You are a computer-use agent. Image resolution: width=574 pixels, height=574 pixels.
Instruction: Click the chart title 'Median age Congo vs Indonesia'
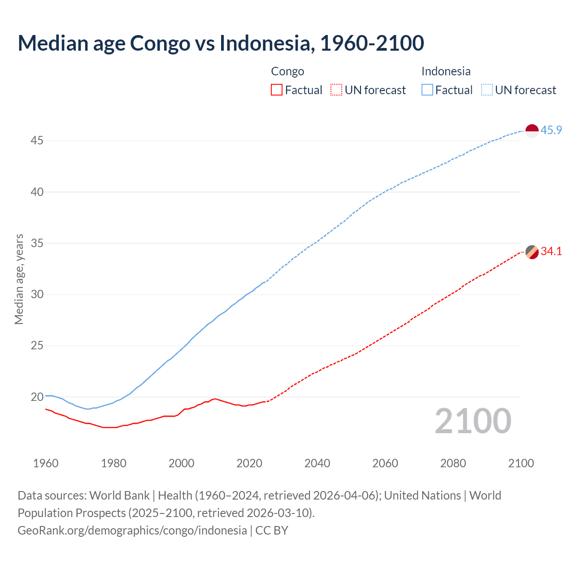221,43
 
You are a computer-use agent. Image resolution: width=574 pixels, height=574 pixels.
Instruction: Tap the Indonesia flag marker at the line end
531,131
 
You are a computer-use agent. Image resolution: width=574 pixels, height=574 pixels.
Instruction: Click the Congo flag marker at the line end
531,252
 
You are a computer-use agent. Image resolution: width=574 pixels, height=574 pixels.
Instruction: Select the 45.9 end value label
551,130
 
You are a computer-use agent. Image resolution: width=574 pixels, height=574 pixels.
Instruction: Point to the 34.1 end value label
551,252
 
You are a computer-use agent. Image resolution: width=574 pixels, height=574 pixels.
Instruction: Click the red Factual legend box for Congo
277,90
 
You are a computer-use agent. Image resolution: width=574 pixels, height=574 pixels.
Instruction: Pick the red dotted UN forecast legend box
336,90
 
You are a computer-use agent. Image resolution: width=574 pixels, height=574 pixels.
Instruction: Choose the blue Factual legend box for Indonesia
427,90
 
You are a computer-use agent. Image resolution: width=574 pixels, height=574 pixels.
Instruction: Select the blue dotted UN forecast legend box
487,90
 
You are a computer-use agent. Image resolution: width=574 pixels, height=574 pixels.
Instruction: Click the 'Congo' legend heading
287,71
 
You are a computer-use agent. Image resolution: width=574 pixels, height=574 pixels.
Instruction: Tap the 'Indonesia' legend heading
446,71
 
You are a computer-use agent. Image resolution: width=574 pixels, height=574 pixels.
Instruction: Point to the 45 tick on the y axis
37,141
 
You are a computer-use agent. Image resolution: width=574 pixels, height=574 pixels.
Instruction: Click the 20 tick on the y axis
37,397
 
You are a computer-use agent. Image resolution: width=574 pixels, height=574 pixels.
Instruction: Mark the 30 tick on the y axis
37,295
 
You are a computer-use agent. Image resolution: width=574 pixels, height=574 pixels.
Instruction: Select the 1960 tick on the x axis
46,463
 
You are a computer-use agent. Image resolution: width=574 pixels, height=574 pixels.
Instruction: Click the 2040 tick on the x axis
317,463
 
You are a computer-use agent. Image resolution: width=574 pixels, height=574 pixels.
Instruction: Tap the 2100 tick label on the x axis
521,463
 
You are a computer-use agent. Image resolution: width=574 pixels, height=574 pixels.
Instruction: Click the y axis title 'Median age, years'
19,279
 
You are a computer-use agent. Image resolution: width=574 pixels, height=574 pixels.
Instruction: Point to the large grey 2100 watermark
473,421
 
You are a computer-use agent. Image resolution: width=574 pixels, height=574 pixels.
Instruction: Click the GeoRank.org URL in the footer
132,531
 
